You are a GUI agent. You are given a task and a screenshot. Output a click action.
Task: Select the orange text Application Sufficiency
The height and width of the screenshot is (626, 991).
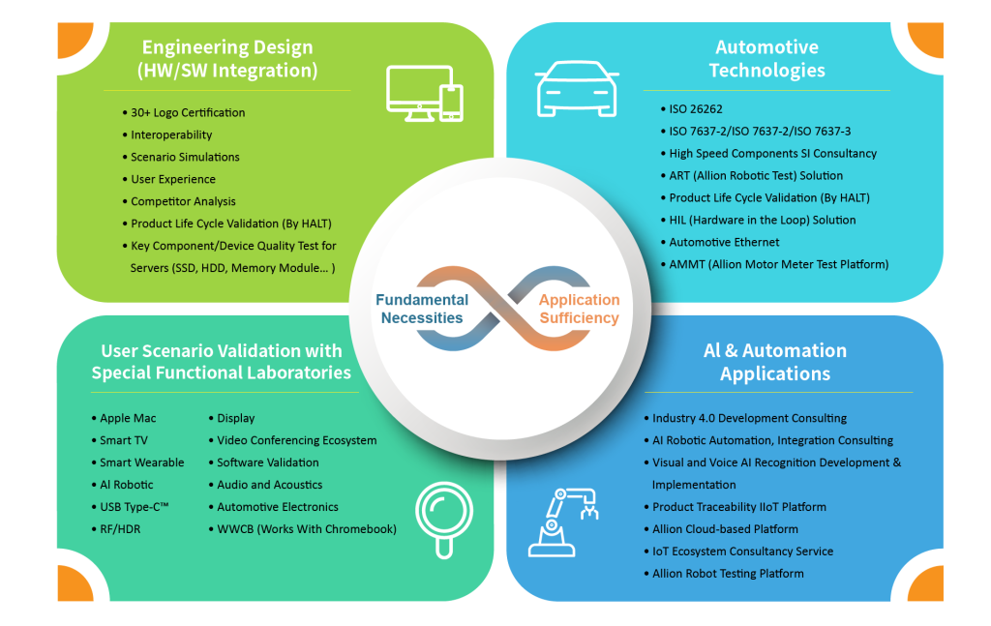[x=579, y=309]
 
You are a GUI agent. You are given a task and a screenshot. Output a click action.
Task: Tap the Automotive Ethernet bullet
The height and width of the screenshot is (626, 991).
[x=724, y=242]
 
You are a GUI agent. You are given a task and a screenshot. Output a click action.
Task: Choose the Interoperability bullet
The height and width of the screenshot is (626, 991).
[x=171, y=134]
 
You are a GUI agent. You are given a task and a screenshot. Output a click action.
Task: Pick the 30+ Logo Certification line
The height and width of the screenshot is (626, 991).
[x=188, y=112]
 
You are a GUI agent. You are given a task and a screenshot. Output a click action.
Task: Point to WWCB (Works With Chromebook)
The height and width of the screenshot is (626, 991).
[x=306, y=529]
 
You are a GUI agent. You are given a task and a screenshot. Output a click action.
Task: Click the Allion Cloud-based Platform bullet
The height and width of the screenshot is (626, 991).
[x=725, y=529]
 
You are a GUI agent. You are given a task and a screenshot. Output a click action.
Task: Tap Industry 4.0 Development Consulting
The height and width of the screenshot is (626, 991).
[x=749, y=418]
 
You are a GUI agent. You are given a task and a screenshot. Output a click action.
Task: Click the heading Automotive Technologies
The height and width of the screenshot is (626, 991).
[x=766, y=58]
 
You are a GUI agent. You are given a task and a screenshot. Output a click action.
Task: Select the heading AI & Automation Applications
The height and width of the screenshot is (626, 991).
[x=774, y=362]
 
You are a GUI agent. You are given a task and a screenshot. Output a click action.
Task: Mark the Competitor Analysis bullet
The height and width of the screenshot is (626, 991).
[x=183, y=201]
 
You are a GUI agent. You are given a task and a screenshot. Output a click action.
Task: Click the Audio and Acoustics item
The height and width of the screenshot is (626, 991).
[x=269, y=485]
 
